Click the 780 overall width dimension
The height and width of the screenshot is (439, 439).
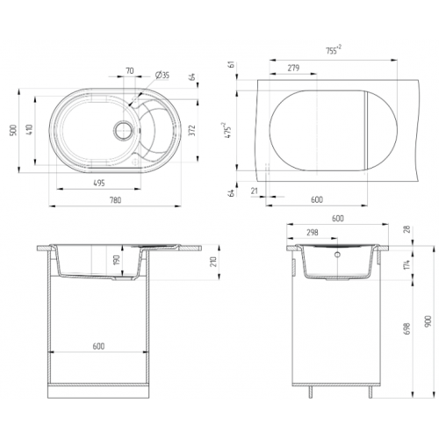tap(115, 200)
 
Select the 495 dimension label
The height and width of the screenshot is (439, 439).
tap(99, 184)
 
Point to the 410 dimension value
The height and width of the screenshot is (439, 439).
tap(31, 130)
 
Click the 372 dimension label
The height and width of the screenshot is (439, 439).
tap(192, 130)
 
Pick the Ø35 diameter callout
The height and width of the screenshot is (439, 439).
tap(162, 76)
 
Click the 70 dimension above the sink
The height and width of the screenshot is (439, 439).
tap(130, 70)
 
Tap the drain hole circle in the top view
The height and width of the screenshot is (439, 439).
tap(123, 130)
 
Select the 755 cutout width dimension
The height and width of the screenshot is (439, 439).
tap(334, 50)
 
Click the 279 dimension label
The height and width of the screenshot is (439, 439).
tap(293, 68)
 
